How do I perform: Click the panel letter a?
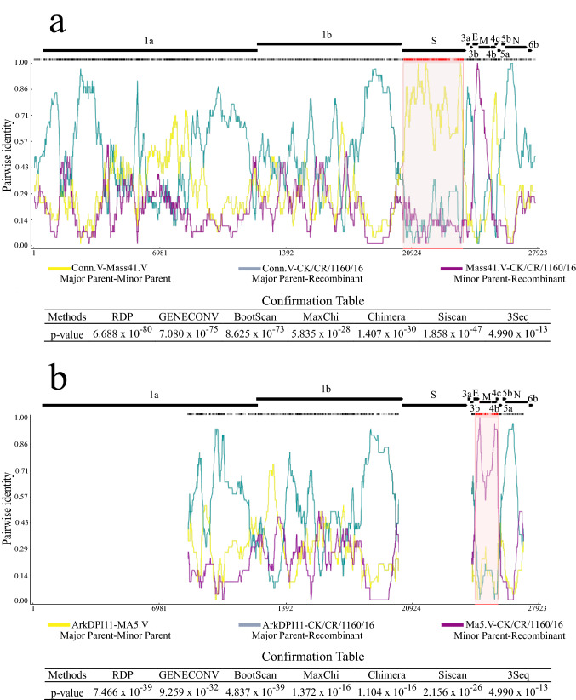tap(58, 22)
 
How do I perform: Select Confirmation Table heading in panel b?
tap(290, 657)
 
